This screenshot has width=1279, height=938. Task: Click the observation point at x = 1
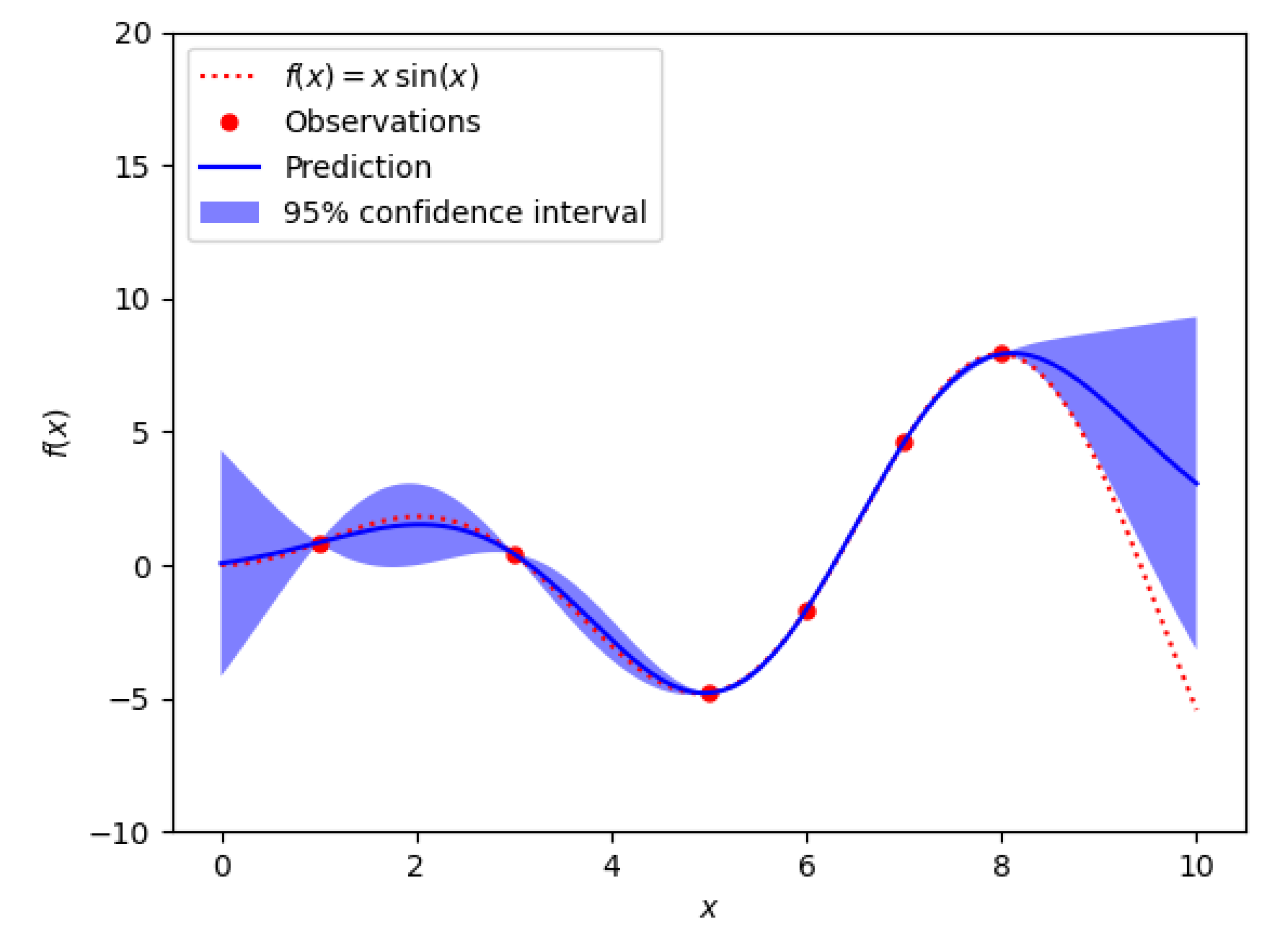pyautogui.click(x=321, y=545)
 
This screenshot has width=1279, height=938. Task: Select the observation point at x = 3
pyautogui.click(x=515, y=555)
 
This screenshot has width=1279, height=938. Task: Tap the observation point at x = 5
pyautogui.click(x=710, y=693)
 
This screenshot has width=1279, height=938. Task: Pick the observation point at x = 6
pyautogui.click(x=807, y=611)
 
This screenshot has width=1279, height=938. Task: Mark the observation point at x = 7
pyautogui.click(x=904, y=443)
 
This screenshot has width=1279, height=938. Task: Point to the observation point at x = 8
pyautogui.click(x=1002, y=354)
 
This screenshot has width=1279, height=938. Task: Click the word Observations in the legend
pyautogui.click(x=382, y=122)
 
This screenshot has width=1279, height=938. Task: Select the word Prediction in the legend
pyautogui.click(x=358, y=167)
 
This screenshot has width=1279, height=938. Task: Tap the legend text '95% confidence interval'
pyautogui.click(x=465, y=213)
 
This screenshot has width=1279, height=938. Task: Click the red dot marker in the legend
pyautogui.click(x=230, y=122)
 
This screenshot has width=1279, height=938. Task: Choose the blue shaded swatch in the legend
pyautogui.click(x=230, y=212)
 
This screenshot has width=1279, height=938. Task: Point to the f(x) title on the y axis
pyautogui.click(x=56, y=433)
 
